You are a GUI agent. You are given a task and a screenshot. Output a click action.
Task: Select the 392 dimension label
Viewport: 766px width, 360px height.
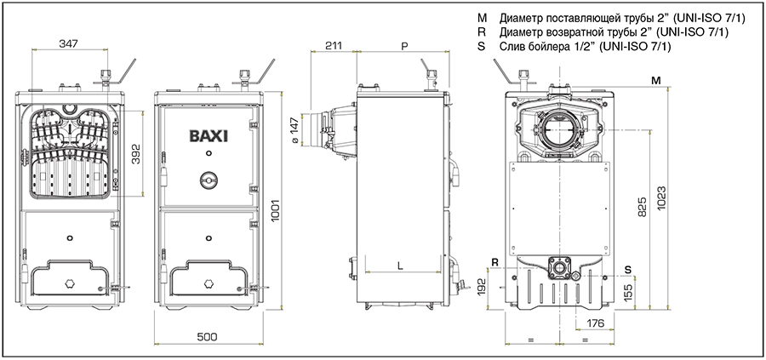pyautogui.click(x=135, y=152)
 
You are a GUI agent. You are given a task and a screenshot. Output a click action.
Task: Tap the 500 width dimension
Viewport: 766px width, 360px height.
pyautogui.click(x=207, y=337)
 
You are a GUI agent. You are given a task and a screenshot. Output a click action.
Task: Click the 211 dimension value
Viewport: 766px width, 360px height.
pyautogui.click(x=334, y=44)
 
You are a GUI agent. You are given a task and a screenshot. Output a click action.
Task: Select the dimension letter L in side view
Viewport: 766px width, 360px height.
pyautogui.click(x=400, y=266)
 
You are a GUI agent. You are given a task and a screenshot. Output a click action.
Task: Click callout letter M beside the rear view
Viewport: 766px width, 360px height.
pyautogui.click(x=655, y=79)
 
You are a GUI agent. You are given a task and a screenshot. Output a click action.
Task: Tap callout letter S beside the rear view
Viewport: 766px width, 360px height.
pyautogui.click(x=627, y=270)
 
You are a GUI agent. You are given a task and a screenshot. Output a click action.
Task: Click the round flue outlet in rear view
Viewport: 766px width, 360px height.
pyautogui.click(x=558, y=132)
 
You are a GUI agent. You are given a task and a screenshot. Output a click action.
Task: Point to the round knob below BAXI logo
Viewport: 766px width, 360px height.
pyautogui.click(x=208, y=181)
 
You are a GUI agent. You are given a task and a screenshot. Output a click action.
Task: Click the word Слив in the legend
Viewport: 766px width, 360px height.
pyautogui.click(x=514, y=48)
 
